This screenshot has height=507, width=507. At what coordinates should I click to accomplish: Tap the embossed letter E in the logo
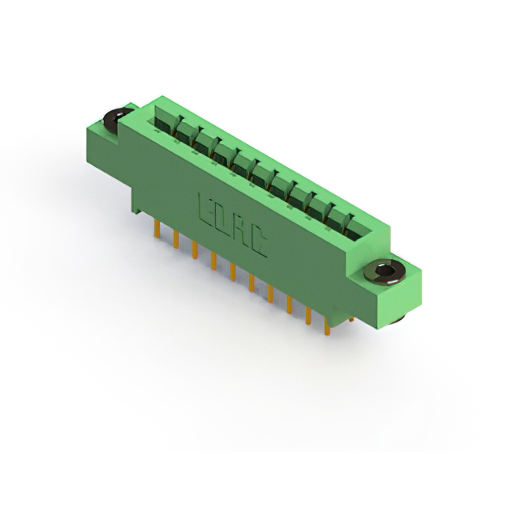(206, 210)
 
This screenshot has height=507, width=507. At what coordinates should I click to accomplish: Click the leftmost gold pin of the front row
(158, 229)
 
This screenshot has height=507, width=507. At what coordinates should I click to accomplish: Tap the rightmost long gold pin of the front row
(327, 326)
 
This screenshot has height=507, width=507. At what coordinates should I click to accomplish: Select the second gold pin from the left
(176, 239)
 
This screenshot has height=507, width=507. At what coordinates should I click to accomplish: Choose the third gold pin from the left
(195, 250)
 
